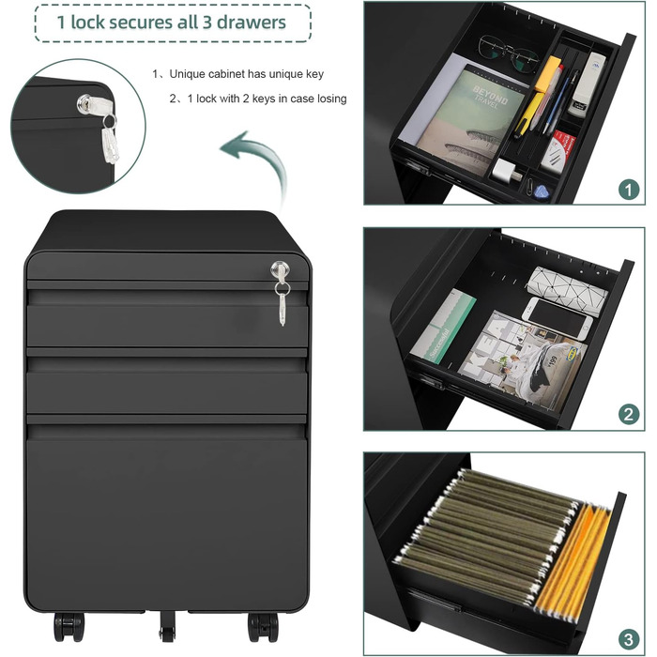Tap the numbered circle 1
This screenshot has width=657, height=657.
point(629,191)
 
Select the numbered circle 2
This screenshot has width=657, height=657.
point(629,415)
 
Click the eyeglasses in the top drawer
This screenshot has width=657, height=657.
point(508,53)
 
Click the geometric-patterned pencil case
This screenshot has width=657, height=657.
point(567,289)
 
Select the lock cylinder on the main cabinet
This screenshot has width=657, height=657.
point(280,270)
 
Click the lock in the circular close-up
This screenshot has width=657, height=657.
point(85,103)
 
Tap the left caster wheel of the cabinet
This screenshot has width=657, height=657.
point(69,627)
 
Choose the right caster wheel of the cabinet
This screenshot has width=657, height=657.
point(263,627)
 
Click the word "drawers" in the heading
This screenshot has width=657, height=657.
point(251,23)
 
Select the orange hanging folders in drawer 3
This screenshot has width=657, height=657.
point(573,558)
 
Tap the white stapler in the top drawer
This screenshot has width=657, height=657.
point(588,83)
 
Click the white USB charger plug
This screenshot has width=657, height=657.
point(507,171)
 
